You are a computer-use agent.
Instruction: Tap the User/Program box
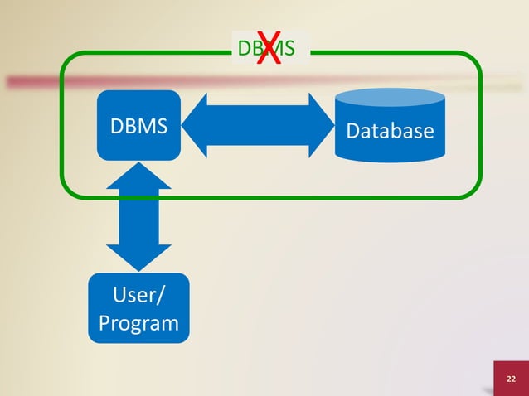[x=138, y=308]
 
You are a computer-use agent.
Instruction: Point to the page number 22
[x=511, y=379]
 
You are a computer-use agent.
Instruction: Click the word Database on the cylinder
[x=389, y=131]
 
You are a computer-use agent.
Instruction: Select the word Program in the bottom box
[x=138, y=322]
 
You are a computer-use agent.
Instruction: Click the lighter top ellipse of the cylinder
[x=389, y=99]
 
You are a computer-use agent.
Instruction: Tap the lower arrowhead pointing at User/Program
[x=138, y=258]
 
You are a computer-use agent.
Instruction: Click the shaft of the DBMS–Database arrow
[x=257, y=125]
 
